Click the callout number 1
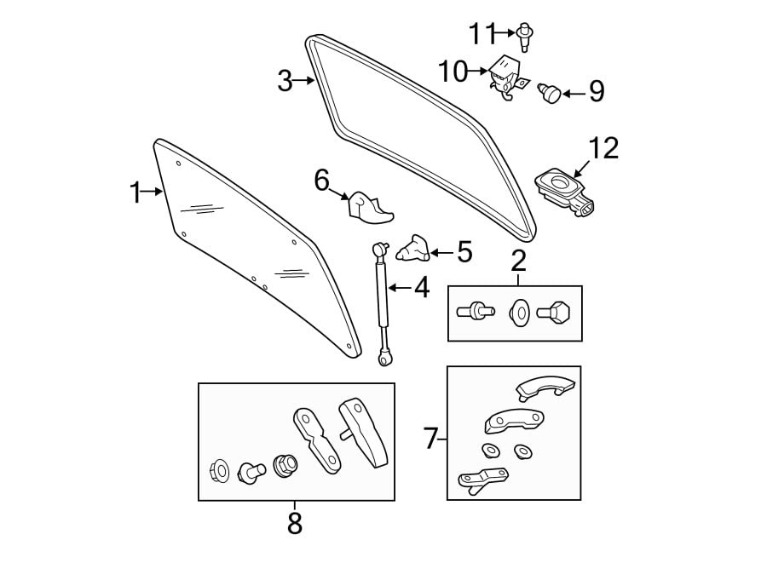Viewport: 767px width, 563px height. [135, 192]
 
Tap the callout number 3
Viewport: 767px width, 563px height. [285, 82]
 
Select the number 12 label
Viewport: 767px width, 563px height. [603, 148]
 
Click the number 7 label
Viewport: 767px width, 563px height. [432, 439]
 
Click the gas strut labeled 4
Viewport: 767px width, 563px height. [382, 302]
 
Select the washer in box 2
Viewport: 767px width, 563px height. [519, 313]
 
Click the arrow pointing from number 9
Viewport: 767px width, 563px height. [572, 91]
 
